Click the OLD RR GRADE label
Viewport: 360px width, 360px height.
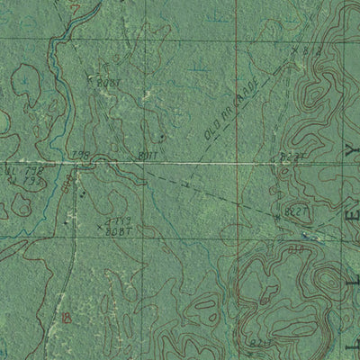tap(231, 112)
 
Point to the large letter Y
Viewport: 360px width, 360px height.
tap(351, 146)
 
